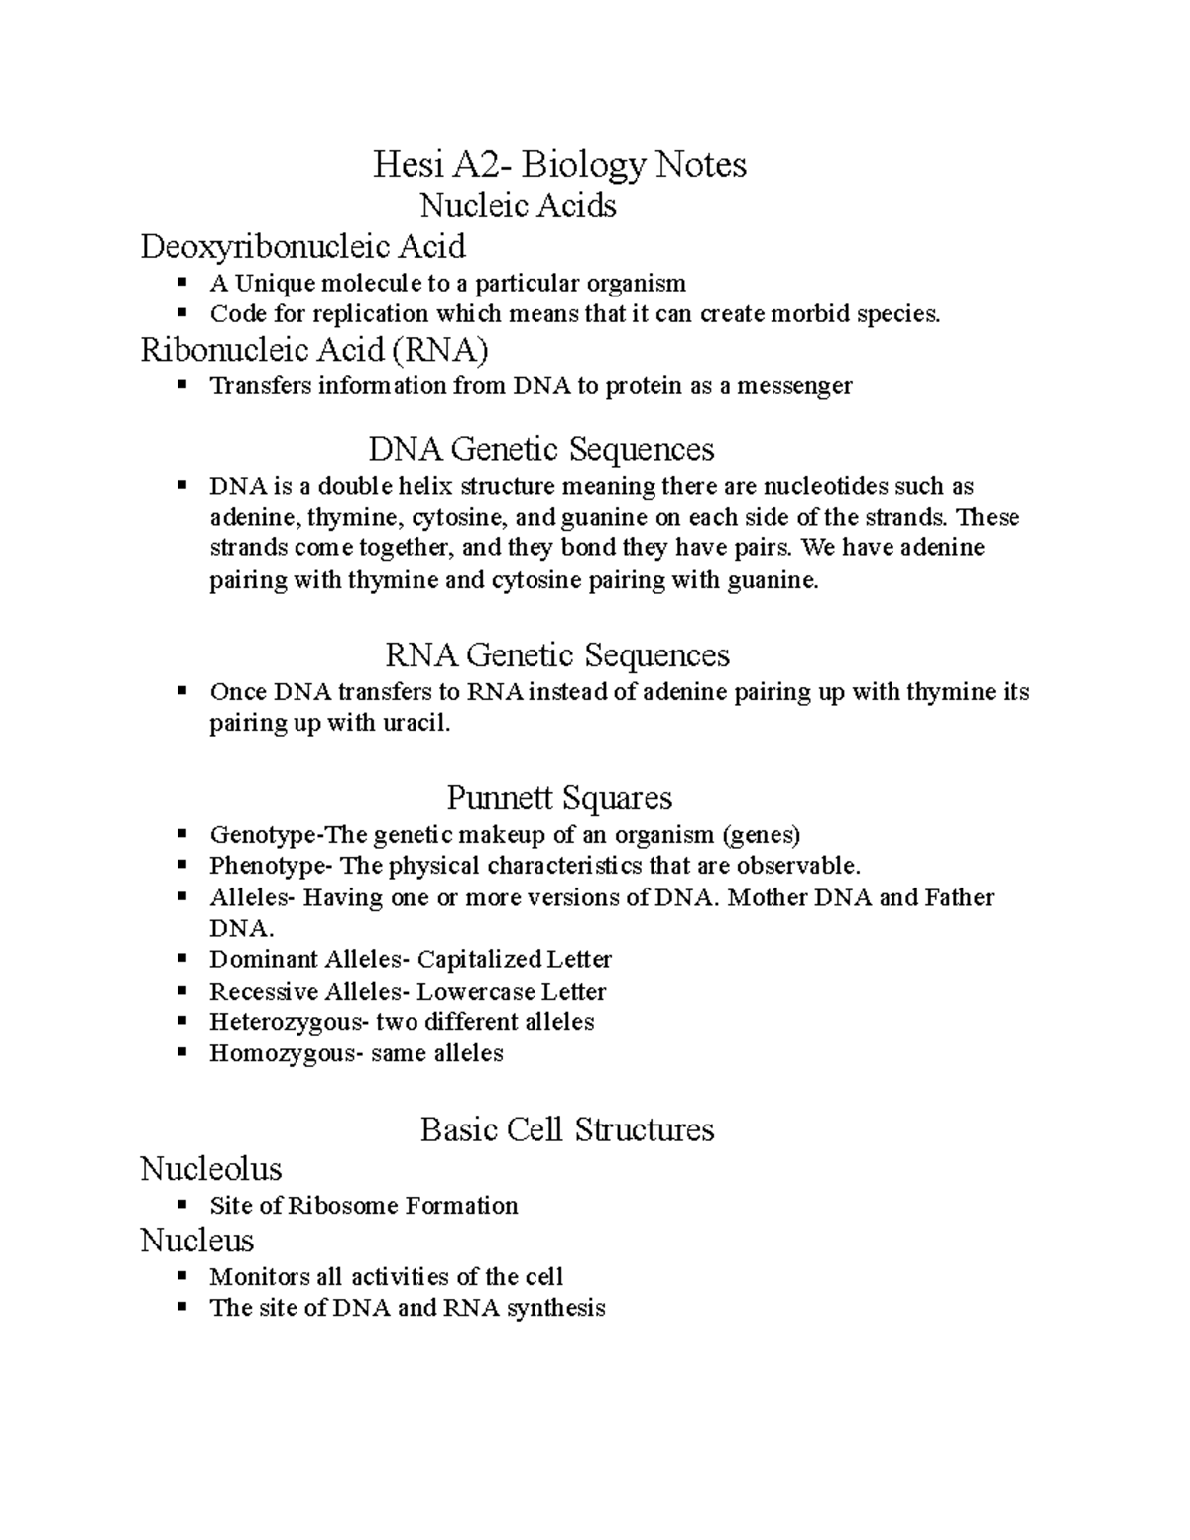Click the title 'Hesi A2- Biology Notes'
click(x=559, y=164)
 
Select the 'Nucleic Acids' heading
click(x=518, y=205)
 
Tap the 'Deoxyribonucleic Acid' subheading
click(x=302, y=245)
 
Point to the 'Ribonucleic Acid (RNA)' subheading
click(x=314, y=350)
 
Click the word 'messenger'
click(x=799, y=386)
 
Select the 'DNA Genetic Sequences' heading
click(x=541, y=449)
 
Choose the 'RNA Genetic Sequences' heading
click(x=556, y=654)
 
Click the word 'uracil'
click(x=416, y=724)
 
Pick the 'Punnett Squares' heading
click(x=559, y=797)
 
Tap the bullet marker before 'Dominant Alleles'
click(x=181, y=959)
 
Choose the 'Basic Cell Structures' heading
click(x=567, y=1129)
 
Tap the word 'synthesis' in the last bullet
click(x=555, y=1308)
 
